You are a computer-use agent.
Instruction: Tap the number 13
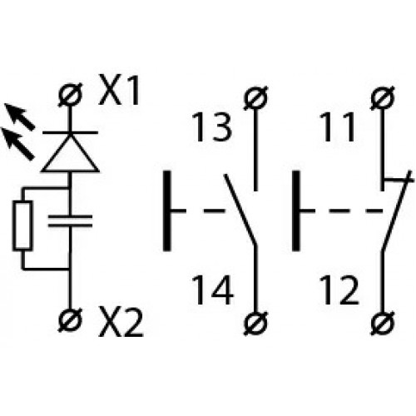(211, 127)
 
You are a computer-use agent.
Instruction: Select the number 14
(212, 290)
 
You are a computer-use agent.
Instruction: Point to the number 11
(337, 127)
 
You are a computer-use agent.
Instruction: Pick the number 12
(339, 290)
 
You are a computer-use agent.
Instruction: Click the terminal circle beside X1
(71, 95)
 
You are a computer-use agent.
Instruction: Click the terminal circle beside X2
(71, 320)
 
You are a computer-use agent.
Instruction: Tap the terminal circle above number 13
(255, 98)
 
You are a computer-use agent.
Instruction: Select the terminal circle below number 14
(255, 324)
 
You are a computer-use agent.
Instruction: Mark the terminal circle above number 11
(383, 98)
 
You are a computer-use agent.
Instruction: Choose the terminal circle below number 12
(383, 324)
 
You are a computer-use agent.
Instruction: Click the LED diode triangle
(70, 156)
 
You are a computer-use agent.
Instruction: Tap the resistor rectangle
(22, 225)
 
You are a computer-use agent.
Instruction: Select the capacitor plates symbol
(70, 220)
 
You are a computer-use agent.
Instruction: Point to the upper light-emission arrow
(19, 116)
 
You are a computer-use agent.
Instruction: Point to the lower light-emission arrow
(17, 144)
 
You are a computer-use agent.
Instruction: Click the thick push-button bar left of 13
(166, 210)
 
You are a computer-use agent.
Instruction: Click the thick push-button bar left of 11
(296, 210)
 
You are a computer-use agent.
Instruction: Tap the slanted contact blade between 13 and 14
(240, 210)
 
